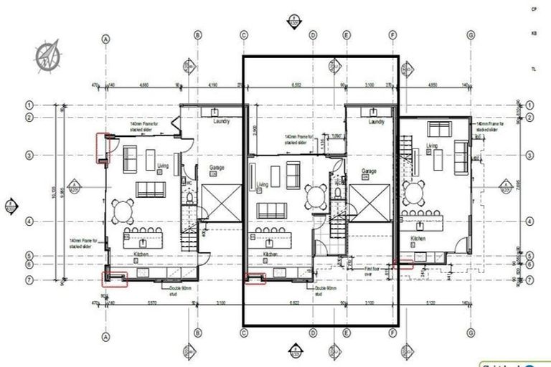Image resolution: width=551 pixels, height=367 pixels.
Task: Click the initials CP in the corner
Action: [x=534, y=9]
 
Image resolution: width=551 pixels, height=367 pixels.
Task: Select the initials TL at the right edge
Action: [x=534, y=69]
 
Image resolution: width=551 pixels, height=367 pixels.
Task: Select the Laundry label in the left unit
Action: [x=221, y=122]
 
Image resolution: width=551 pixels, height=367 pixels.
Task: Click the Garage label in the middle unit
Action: [x=369, y=172]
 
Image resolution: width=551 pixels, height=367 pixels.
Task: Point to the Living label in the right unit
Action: [x=432, y=146]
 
